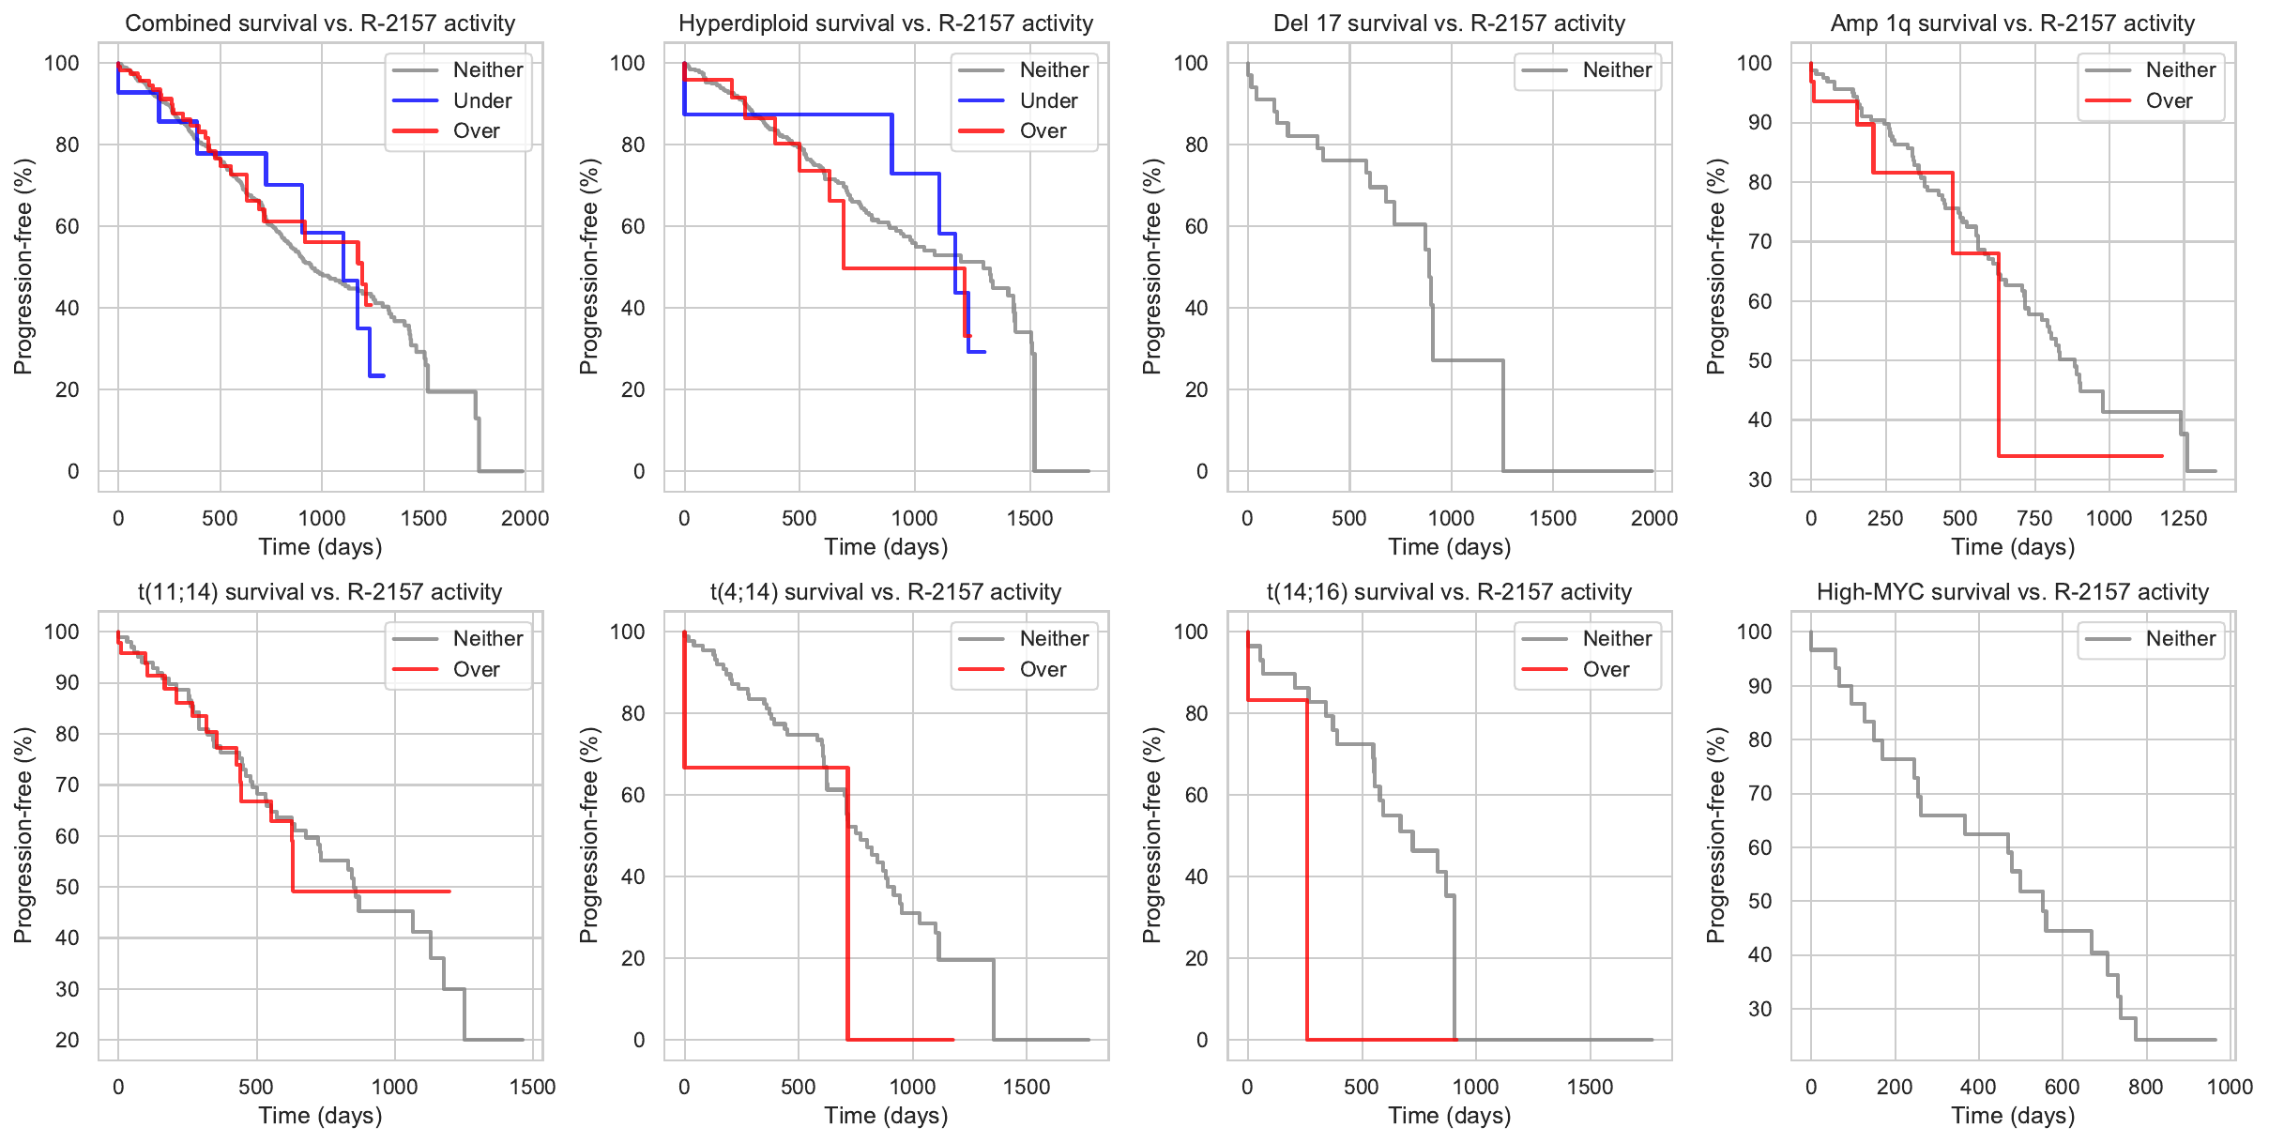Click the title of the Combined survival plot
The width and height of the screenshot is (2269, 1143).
[320, 23]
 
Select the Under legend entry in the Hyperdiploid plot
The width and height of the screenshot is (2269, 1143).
[1048, 100]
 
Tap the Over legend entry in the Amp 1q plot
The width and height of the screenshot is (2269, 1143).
[2169, 100]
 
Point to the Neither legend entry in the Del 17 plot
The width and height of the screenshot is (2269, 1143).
[1617, 69]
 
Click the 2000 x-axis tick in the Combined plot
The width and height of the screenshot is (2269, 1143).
[525, 518]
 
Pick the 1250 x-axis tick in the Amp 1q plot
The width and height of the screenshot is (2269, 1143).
[2184, 518]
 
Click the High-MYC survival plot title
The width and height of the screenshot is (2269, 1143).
[2013, 592]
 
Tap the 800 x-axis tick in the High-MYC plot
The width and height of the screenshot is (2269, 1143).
[2146, 1087]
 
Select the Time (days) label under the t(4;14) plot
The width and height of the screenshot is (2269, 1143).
[886, 1116]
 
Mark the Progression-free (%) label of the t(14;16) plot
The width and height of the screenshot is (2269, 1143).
[1152, 835]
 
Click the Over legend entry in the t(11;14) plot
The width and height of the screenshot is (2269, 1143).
[476, 669]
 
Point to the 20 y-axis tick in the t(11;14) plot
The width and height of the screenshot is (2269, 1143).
[68, 1040]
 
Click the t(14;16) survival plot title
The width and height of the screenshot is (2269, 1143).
[1449, 592]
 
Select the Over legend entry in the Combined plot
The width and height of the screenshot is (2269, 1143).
[476, 130]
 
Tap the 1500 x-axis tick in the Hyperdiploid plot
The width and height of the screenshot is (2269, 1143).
[1029, 518]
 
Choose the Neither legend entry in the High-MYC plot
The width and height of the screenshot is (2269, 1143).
[2180, 638]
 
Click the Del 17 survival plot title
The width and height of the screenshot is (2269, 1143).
[1449, 23]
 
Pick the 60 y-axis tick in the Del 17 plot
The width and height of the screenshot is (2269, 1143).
[1195, 226]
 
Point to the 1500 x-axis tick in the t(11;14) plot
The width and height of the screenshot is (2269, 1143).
[532, 1087]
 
